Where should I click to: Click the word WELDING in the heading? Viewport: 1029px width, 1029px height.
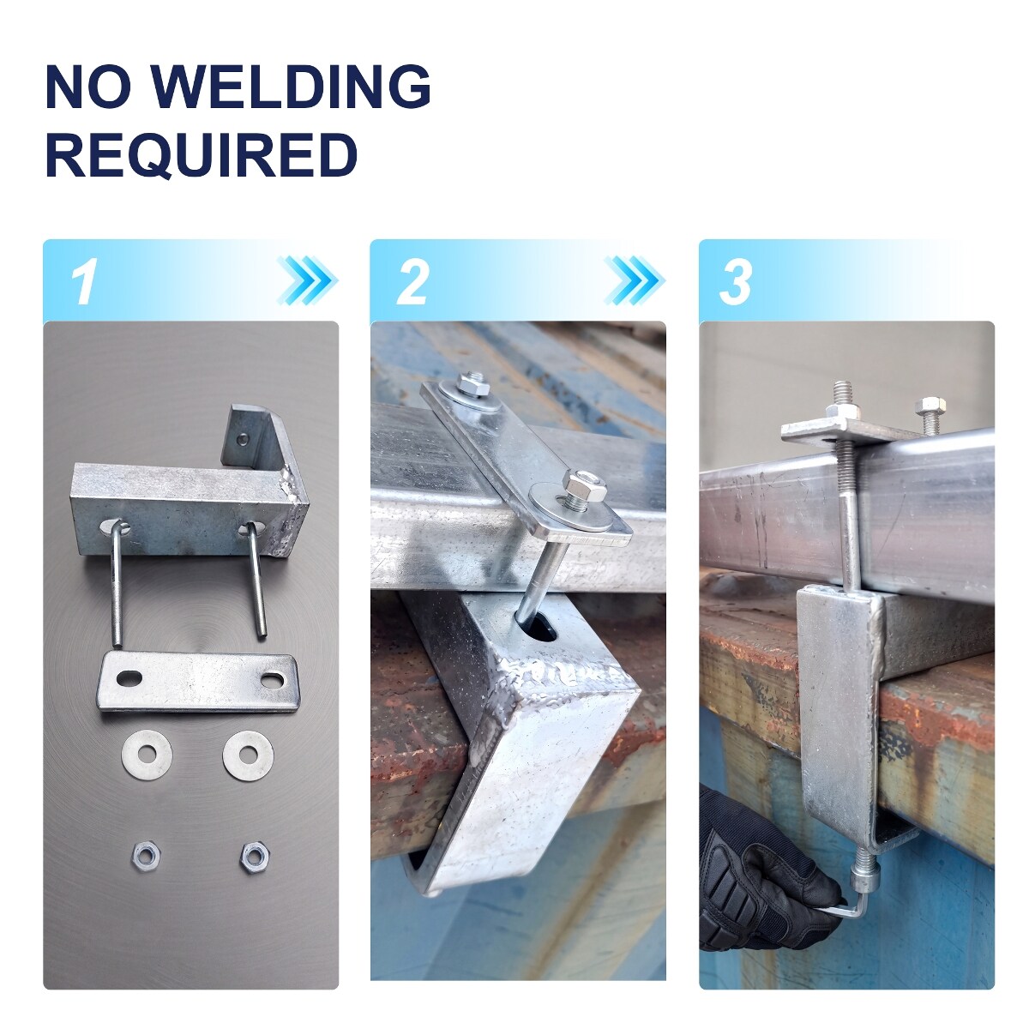click(x=292, y=87)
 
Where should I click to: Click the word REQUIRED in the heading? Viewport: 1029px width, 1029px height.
click(x=202, y=155)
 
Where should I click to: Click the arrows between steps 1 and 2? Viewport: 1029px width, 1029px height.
click(x=308, y=281)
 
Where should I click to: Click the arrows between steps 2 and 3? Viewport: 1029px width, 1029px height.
click(x=635, y=281)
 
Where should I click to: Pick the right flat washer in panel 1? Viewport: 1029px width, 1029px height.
click(x=248, y=755)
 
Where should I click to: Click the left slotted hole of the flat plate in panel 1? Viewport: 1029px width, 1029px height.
click(x=129, y=678)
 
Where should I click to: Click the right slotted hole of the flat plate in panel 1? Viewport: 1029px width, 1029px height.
click(x=274, y=681)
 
